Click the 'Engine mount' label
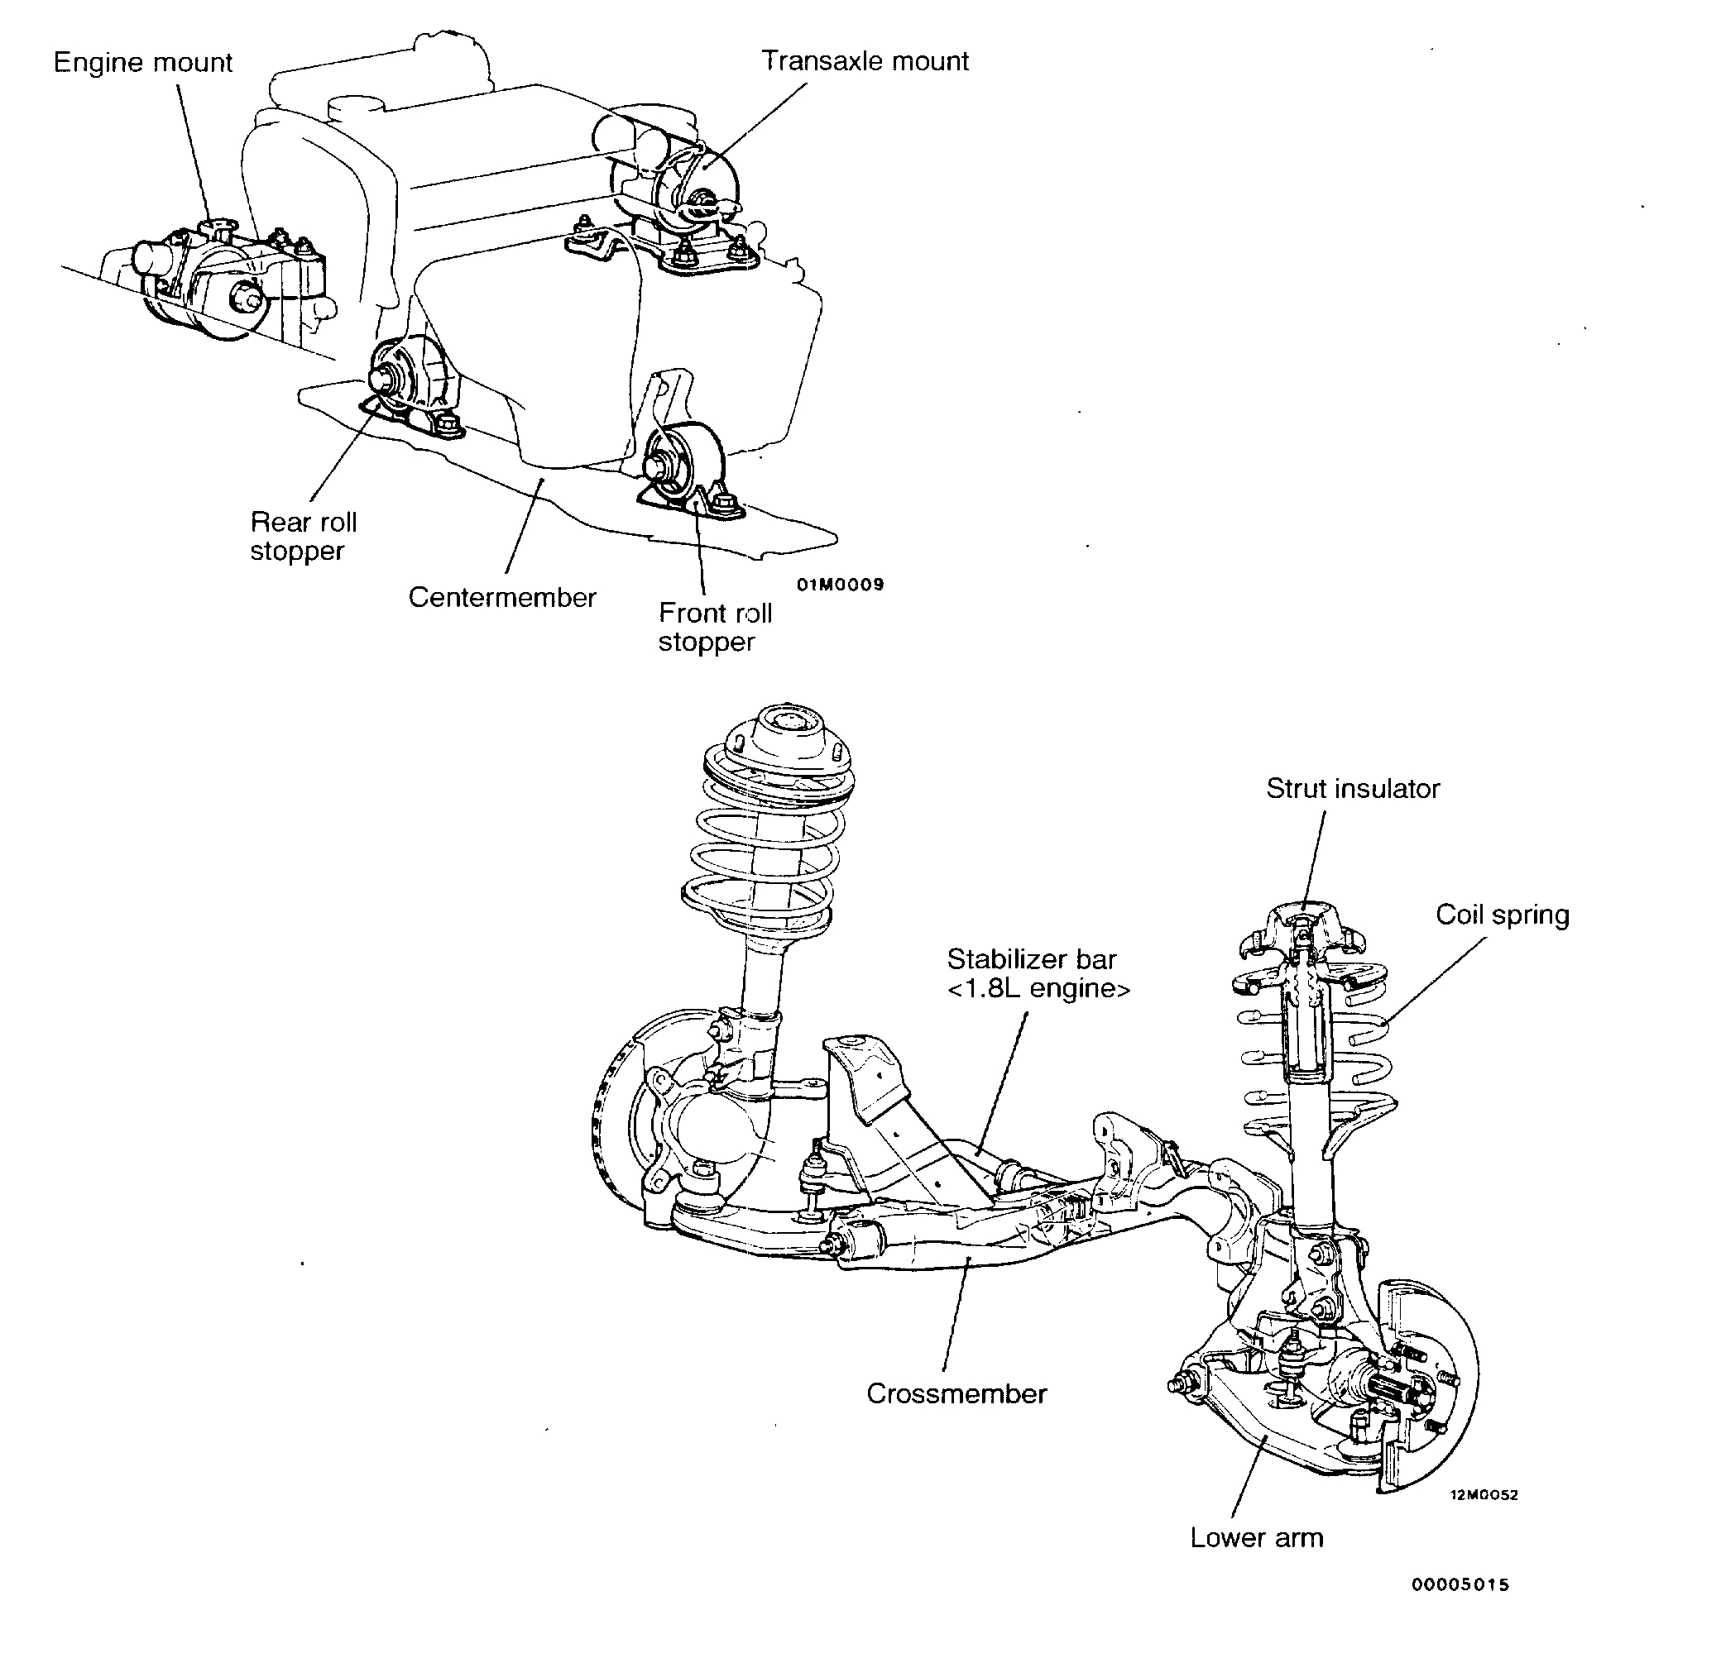pos(143,63)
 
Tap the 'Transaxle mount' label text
pos(865,61)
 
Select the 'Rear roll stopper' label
pos(303,537)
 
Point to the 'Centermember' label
pos(502,598)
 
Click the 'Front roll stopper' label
pos(715,627)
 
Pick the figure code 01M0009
pos(841,585)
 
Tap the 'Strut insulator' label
pos(1352,789)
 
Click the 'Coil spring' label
pos(1503,915)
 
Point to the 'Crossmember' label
pos(956,1394)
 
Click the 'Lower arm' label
pos(1257,1538)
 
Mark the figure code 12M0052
pos(1484,1495)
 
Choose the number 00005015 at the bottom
pos(1460,1584)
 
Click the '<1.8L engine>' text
pos(1038,988)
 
